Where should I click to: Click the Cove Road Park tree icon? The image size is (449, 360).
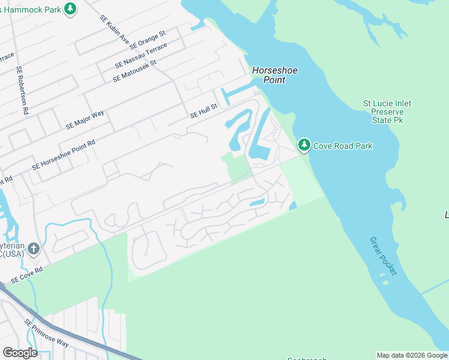304,145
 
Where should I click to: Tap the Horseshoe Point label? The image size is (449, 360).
275,75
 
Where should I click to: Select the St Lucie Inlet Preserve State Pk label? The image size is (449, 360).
387,112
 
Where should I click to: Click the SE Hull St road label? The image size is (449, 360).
203,112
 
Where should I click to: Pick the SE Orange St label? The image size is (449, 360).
147,41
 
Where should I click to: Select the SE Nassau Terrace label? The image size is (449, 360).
141,55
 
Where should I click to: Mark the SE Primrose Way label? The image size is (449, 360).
47,334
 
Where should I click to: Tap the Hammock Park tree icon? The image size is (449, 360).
71,8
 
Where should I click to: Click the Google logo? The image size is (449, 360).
20,353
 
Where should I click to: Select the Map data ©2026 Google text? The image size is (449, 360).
412,355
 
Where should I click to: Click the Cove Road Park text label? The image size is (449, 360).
343,146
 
